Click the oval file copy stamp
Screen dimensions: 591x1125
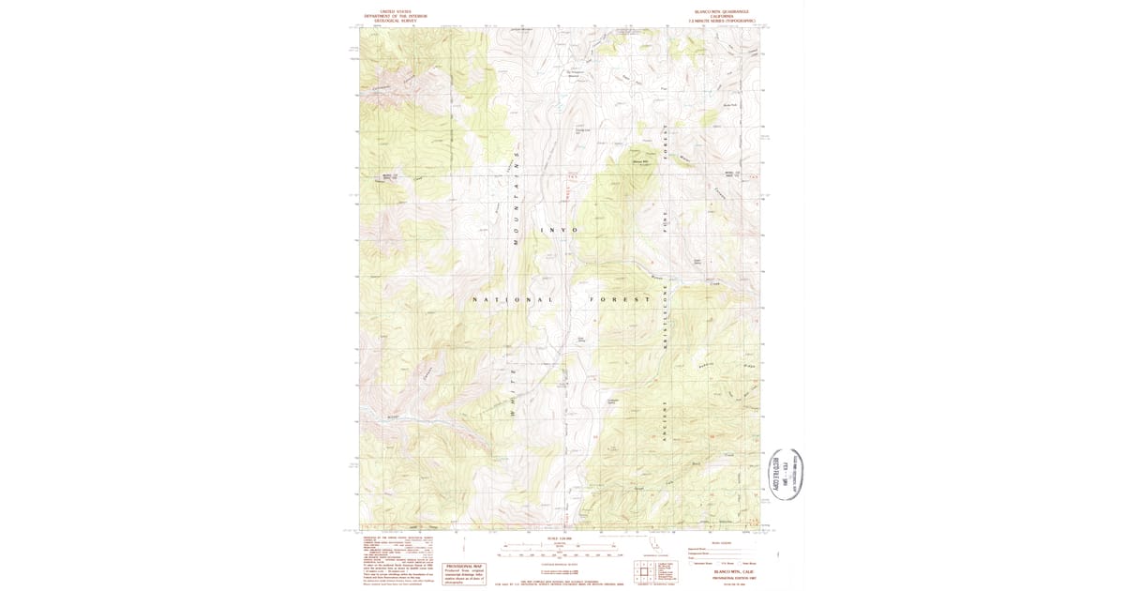[x=787, y=476]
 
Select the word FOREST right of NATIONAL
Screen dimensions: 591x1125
[x=619, y=300]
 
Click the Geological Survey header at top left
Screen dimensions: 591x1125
[x=396, y=16]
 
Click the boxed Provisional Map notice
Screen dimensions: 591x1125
[x=463, y=573]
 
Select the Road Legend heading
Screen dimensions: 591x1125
[x=720, y=541]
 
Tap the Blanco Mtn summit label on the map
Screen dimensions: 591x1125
[x=641, y=160]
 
